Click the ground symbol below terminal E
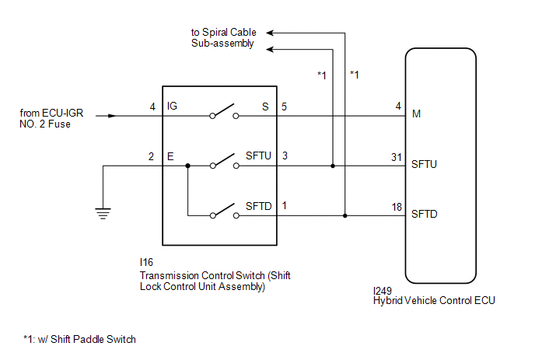103,213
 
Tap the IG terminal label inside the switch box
172,106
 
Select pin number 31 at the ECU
397,157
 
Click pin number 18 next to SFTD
397,207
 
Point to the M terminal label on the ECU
416,114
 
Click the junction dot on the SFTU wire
333,166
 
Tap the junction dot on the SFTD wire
345,215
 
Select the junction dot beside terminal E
187,166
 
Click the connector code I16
146,262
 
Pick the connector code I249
383,291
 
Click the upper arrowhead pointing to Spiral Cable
270,33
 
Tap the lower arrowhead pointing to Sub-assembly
270,50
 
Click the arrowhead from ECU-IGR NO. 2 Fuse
112,116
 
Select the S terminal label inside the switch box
265,107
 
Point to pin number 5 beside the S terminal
284,107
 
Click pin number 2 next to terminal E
151,156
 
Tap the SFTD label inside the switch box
259,206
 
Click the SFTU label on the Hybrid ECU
424,164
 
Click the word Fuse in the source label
59,124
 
